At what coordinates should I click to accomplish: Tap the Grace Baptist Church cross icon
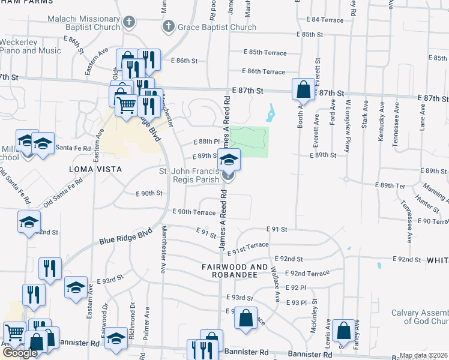pyautogui.click(x=169, y=27)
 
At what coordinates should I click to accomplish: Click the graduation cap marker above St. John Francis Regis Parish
pyautogui.click(x=228, y=160)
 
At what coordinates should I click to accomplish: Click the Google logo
pyautogui.click(x=20, y=352)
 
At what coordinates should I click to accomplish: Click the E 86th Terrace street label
pyautogui.click(x=265, y=71)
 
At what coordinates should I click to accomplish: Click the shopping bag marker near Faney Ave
pyautogui.click(x=343, y=330)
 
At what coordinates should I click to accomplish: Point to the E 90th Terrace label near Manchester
pyautogui.click(x=193, y=212)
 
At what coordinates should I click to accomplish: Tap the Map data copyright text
pyautogui.click(x=423, y=356)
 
